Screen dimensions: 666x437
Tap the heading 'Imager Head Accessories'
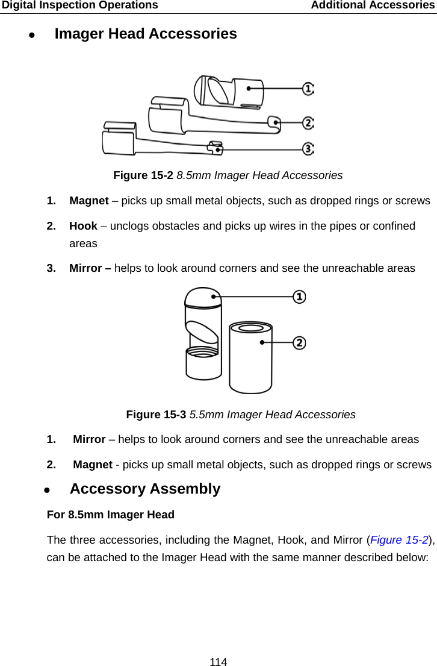tap(146, 34)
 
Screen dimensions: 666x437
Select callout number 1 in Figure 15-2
tap(308, 89)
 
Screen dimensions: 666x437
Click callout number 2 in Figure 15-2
tap(308, 123)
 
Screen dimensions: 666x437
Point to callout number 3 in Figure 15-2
tap(308, 148)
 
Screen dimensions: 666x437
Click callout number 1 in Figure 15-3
tap(299, 297)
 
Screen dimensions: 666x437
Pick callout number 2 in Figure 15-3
tap(299, 342)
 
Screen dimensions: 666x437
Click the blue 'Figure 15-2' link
tap(399, 539)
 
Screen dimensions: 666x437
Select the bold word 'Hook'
tap(83, 226)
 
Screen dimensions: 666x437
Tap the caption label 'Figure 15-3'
tap(156, 415)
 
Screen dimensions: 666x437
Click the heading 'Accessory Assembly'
tap(145, 489)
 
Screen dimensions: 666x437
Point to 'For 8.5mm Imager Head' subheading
tap(111, 515)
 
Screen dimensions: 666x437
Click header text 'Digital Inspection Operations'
tap(79, 5)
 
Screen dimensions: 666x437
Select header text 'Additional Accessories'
tap(372, 5)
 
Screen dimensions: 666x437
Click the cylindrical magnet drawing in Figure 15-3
tap(250, 359)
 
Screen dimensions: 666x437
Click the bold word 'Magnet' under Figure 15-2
tap(89, 201)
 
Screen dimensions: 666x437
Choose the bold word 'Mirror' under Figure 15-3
tap(89, 439)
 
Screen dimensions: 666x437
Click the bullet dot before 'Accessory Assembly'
tap(48, 490)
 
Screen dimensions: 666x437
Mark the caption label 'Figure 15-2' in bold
tap(143, 175)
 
